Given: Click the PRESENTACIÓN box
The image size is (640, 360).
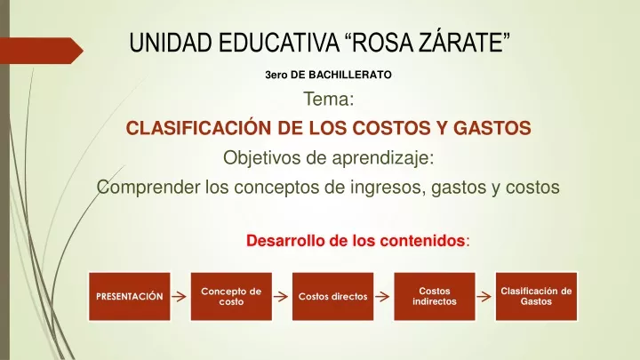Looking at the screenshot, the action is (x=130, y=296).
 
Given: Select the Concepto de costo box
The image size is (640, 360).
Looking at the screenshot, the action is (x=231, y=296).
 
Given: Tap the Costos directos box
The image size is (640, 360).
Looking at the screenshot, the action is (x=332, y=296).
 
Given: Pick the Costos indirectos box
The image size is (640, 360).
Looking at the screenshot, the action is (x=435, y=296).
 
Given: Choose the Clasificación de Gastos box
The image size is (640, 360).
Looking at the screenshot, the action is (x=536, y=296).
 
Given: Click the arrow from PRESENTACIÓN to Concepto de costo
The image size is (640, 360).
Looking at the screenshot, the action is (x=179, y=296).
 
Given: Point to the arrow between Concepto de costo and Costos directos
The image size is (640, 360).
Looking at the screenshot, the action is (x=280, y=296).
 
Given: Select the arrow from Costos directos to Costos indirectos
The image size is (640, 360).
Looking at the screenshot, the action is (x=382, y=296).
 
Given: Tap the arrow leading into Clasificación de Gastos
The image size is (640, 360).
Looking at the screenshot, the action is (x=484, y=296).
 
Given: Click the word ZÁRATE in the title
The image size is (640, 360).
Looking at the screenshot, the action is (x=465, y=43).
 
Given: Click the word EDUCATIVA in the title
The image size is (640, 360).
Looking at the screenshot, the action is (x=279, y=43).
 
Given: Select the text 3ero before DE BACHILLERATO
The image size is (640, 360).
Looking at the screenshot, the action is (x=276, y=75).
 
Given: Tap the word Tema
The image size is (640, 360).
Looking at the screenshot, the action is (x=326, y=99).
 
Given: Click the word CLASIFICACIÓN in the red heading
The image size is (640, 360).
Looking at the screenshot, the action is (x=198, y=127).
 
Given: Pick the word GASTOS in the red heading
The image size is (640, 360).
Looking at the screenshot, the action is (x=492, y=128).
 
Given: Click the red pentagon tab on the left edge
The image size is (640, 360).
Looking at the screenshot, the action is (x=41, y=51).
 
